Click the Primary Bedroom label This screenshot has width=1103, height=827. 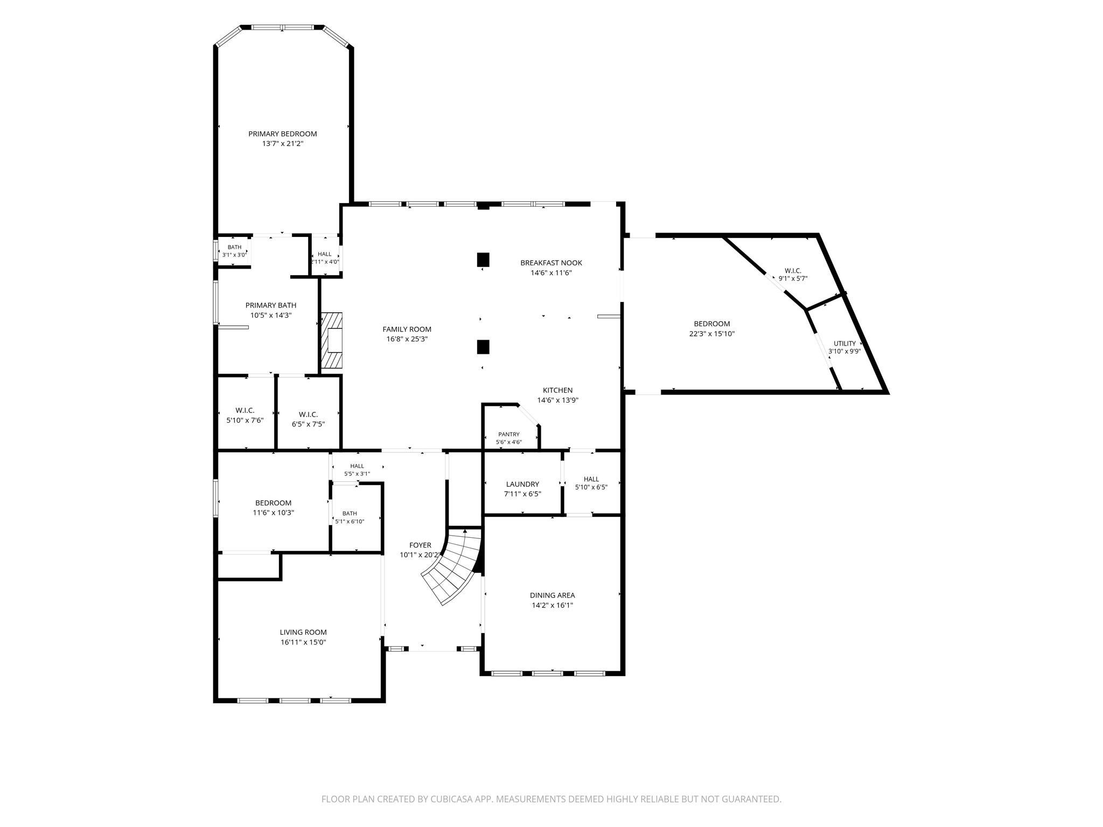click(x=282, y=134)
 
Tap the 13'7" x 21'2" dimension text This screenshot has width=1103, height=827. click(x=282, y=144)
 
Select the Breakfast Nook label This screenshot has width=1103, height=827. click(x=551, y=263)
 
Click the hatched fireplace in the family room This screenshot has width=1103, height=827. click(x=332, y=340)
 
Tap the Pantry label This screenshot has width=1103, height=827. click(x=508, y=434)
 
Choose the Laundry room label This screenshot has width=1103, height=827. click(x=522, y=484)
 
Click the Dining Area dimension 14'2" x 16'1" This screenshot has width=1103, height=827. click(x=552, y=605)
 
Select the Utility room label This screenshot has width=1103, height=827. click(x=844, y=344)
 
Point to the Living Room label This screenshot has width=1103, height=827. click(x=303, y=632)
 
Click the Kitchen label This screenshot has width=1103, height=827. click(x=557, y=390)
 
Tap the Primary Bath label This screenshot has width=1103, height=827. click(x=271, y=305)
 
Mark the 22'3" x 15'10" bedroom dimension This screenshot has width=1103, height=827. click(x=712, y=334)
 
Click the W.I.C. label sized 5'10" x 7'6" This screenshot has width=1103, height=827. click(x=245, y=410)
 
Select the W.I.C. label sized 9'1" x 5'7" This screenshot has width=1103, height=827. click(x=793, y=270)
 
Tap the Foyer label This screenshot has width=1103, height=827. click(x=420, y=545)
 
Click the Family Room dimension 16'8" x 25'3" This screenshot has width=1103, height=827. click(x=407, y=339)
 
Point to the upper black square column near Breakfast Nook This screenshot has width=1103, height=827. click(x=483, y=260)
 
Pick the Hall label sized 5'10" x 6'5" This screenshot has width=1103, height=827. click(x=591, y=479)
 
